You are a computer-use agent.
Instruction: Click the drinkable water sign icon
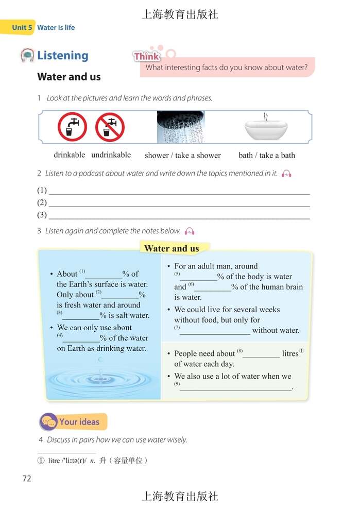click(x=72, y=127)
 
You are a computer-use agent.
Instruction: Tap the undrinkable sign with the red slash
click(x=110, y=127)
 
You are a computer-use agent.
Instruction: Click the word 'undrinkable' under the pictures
click(x=111, y=155)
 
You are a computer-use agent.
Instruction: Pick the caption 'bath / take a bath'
click(x=267, y=155)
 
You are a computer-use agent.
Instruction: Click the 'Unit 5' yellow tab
click(x=22, y=27)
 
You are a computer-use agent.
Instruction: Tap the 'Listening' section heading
click(x=62, y=56)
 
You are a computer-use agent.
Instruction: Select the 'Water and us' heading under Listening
click(x=69, y=77)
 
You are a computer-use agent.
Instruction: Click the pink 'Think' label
click(x=147, y=56)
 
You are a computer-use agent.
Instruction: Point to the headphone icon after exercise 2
click(x=287, y=174)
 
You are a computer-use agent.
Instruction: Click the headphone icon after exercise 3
click(x=190, y=231)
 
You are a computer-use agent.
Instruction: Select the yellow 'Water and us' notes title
click(x=172, y=248)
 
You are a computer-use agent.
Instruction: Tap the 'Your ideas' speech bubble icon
click(x=49, y=422)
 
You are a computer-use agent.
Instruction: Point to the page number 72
click(x=27, y=479)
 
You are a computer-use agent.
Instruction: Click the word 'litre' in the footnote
click(x=54, y=461)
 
